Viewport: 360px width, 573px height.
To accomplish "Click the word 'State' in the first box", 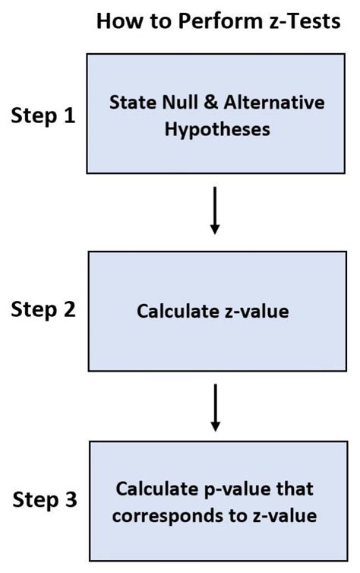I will point(130,103).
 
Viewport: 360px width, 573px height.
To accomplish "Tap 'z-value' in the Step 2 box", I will point(255,310).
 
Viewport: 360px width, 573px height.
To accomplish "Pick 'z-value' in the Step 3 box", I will point(280,514).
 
